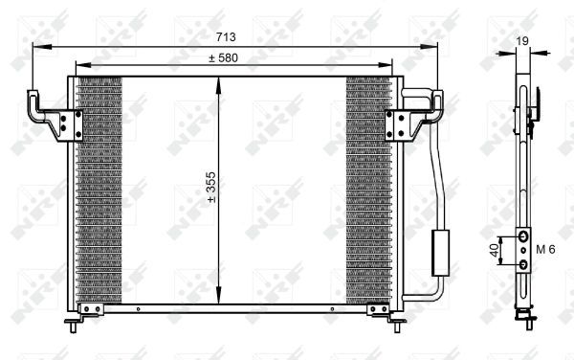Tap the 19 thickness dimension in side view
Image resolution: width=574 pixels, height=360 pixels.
[x=522, y=40]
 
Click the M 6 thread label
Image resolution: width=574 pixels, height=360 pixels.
[x=546, y=250]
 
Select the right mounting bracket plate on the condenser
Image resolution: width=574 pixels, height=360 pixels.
[x=397, y=125]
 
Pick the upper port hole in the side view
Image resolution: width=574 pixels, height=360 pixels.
[x=523, y=236]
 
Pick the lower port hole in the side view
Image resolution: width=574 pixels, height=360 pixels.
[x=523, y=264]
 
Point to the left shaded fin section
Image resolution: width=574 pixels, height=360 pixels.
[x=99, y=191]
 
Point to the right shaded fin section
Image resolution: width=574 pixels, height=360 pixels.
[x=368, y=191]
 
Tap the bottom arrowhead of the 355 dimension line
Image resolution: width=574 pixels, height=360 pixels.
[x=220, y=299]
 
